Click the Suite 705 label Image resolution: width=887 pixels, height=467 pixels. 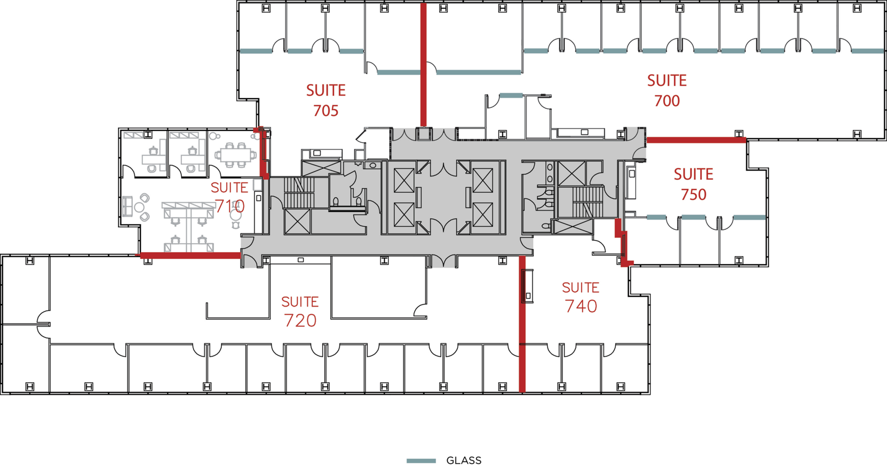(326, 100)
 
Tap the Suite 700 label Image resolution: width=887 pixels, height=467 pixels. (667, 90)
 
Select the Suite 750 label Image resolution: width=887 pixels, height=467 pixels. (693, 184)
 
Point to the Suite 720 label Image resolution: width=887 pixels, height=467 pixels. (300, 312)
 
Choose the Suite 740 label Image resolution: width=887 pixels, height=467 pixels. (580, 297)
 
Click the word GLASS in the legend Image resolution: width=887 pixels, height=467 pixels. (464, 461)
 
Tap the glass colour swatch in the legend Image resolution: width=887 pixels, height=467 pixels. (421, 461)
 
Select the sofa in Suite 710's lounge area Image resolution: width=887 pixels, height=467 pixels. (128, 206)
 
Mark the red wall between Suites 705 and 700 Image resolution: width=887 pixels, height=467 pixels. (423, 64)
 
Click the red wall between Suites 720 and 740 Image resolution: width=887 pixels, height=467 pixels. (522, 324)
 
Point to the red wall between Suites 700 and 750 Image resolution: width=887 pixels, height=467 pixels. (696, 141)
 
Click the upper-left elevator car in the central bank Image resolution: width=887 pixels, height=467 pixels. (404, 180)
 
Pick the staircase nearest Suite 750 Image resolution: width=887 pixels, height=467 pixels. (587, 202)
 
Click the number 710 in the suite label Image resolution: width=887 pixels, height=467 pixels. (230, 206)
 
